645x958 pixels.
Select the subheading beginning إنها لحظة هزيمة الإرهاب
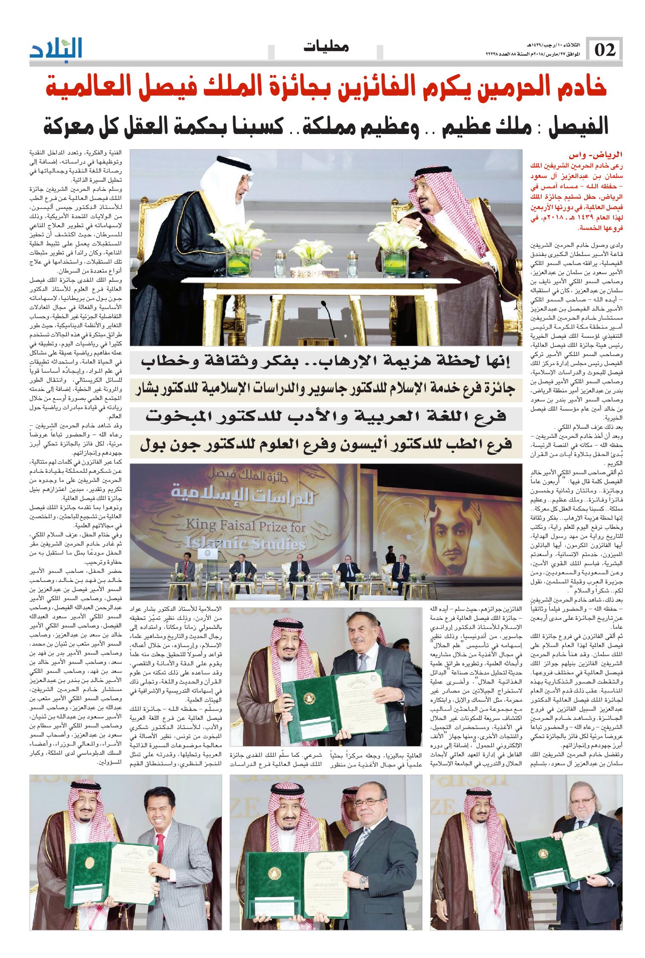click(326, 362)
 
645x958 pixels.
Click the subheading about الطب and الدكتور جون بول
click(326, 445)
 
